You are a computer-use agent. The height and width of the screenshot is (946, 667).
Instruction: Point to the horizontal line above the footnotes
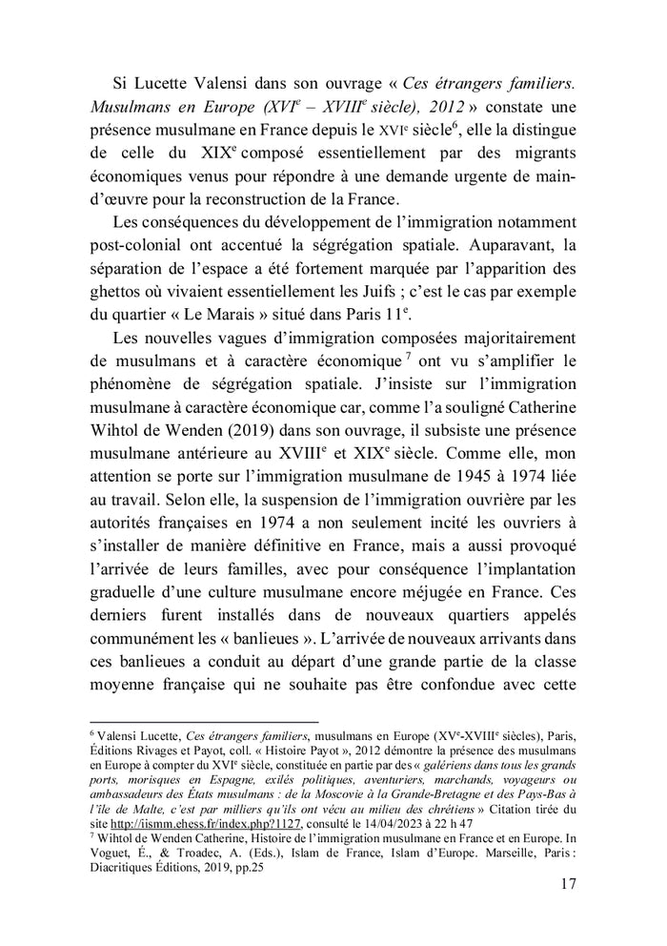203,722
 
